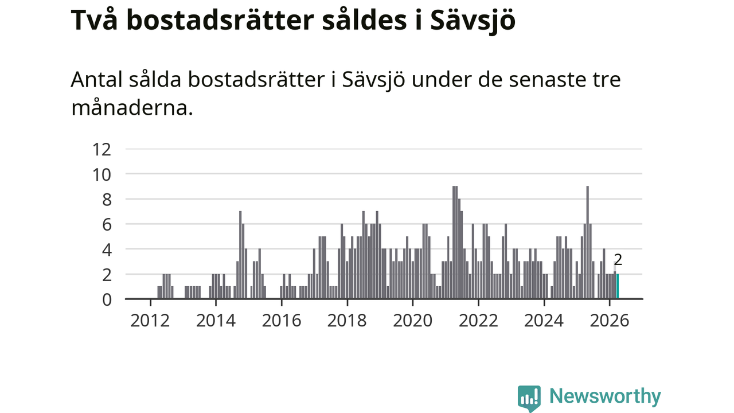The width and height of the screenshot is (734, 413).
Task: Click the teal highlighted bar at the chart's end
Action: point(618,286)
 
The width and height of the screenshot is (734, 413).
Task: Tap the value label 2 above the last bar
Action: point(618,260)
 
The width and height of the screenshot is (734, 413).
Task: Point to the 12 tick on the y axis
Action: point(102,150)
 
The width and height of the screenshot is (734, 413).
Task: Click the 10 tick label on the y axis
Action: point(102,175)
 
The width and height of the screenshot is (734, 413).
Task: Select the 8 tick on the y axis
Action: point(107,200)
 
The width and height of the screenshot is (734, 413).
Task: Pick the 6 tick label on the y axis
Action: point(107,225)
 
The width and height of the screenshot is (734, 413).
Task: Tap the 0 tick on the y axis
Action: point(107,300)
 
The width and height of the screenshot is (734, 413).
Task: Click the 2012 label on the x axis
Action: point(150,321)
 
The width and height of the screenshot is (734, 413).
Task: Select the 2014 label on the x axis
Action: point(216,321)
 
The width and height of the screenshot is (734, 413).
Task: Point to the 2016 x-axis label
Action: point(282,321)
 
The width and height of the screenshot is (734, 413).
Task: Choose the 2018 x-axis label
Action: point(347,321)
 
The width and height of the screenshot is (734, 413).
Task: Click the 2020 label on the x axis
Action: point(413,321)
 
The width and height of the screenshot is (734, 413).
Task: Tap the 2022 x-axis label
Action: point(478,321)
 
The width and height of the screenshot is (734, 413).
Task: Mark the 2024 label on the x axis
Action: point(544,321)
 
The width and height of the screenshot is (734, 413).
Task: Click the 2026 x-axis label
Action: point(610,321)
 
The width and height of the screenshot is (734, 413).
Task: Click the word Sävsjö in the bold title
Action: point(473,21)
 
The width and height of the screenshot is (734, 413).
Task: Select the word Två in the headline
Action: point(94,19)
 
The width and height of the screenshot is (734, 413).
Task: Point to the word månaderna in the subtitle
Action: point(132,107)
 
